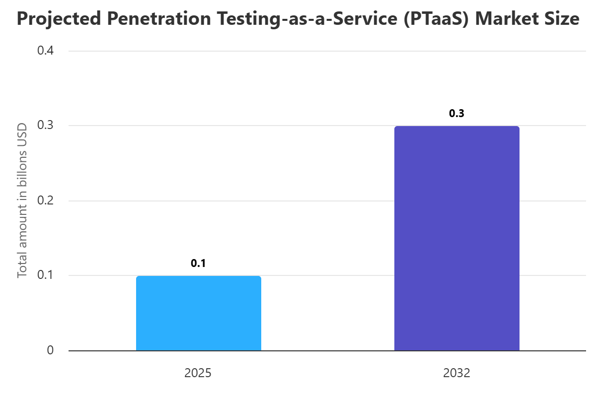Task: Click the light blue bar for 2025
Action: click(x=198, y=313)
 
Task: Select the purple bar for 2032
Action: click(x=456, y=238)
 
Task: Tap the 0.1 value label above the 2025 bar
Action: click(x=198, y=264)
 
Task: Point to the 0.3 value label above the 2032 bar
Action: click(x=456, y=114)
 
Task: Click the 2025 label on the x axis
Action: click(x=198, y=373)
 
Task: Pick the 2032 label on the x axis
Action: click(x=456, y=373)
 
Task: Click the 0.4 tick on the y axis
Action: click(x=46, y=51)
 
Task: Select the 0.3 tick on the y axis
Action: click(x=46, y=126)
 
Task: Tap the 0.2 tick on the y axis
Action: click(x=46, y=200)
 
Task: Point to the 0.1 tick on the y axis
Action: click(x=46, y=275)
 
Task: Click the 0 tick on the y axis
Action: click(x=50, y=350)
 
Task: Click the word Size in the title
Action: click(x=564, y=19)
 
